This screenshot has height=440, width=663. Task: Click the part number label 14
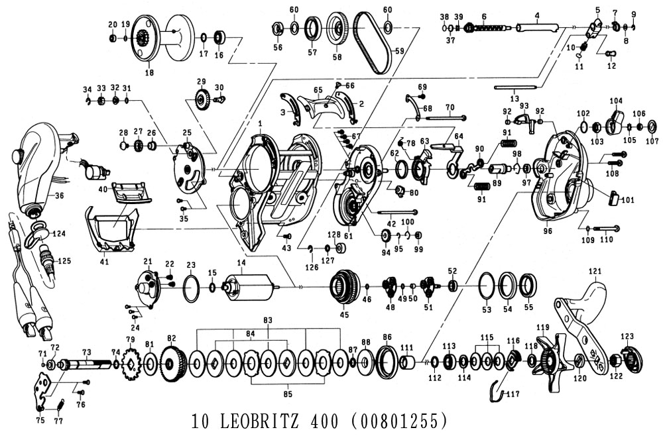(x=241, y=262)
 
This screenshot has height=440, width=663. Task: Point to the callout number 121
(x=595, y=271)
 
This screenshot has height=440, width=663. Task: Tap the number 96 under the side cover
(x=548, y=231)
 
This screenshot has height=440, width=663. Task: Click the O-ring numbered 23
(x=190, y=289)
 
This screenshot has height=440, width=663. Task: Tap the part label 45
(x=344, y=315)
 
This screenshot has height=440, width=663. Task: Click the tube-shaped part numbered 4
(x=538, y=27)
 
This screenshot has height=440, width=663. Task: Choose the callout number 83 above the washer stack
(x=268, y=320)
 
